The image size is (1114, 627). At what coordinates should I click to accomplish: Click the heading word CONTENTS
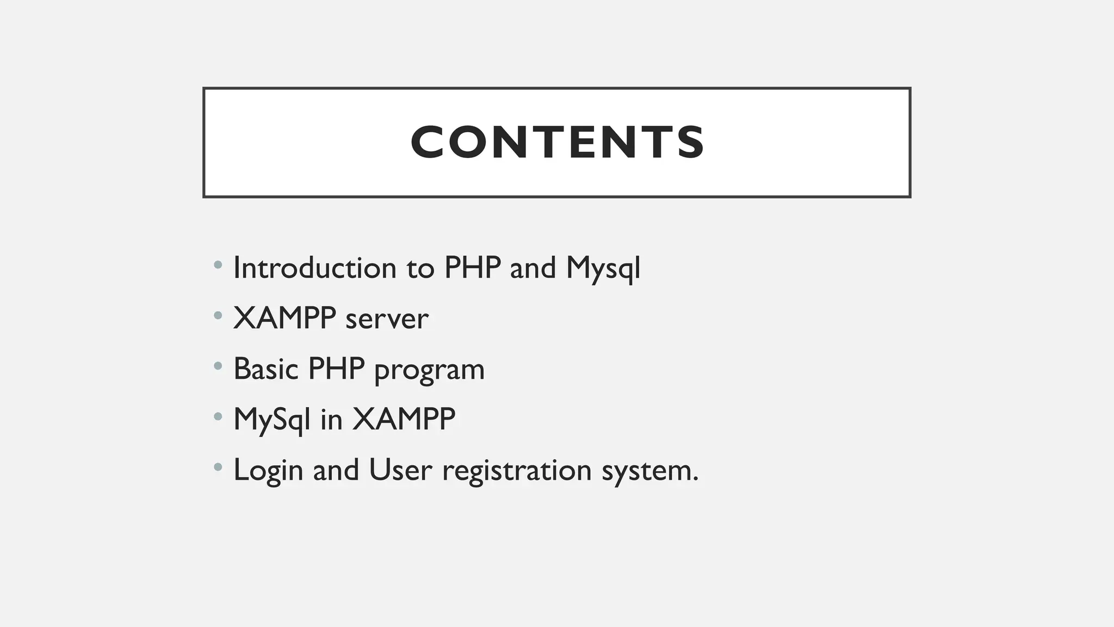click(557, 143)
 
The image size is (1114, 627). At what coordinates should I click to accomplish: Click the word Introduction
click(314, 268)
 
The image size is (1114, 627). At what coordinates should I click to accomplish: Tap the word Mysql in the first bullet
click(603, 269)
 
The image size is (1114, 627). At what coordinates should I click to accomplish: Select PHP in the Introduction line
click(472, 268)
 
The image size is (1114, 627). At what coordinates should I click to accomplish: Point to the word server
click(387, 319)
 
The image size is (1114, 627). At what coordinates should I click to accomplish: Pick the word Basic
click(266, 369)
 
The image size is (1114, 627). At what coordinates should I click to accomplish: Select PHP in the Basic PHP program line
click(336, 369)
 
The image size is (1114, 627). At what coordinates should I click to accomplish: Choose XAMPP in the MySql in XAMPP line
click(404, 419)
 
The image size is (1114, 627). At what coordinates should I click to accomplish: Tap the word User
click(400, 470)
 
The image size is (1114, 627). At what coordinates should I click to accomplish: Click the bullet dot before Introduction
click(218, 265)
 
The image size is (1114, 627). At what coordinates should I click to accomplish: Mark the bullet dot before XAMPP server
click(218, 315)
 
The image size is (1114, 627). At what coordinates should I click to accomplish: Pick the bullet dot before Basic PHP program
click(218, 366)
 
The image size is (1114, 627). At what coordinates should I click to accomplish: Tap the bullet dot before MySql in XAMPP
click(218, 417)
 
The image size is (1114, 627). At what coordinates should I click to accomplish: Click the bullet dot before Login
click(218, 467)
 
